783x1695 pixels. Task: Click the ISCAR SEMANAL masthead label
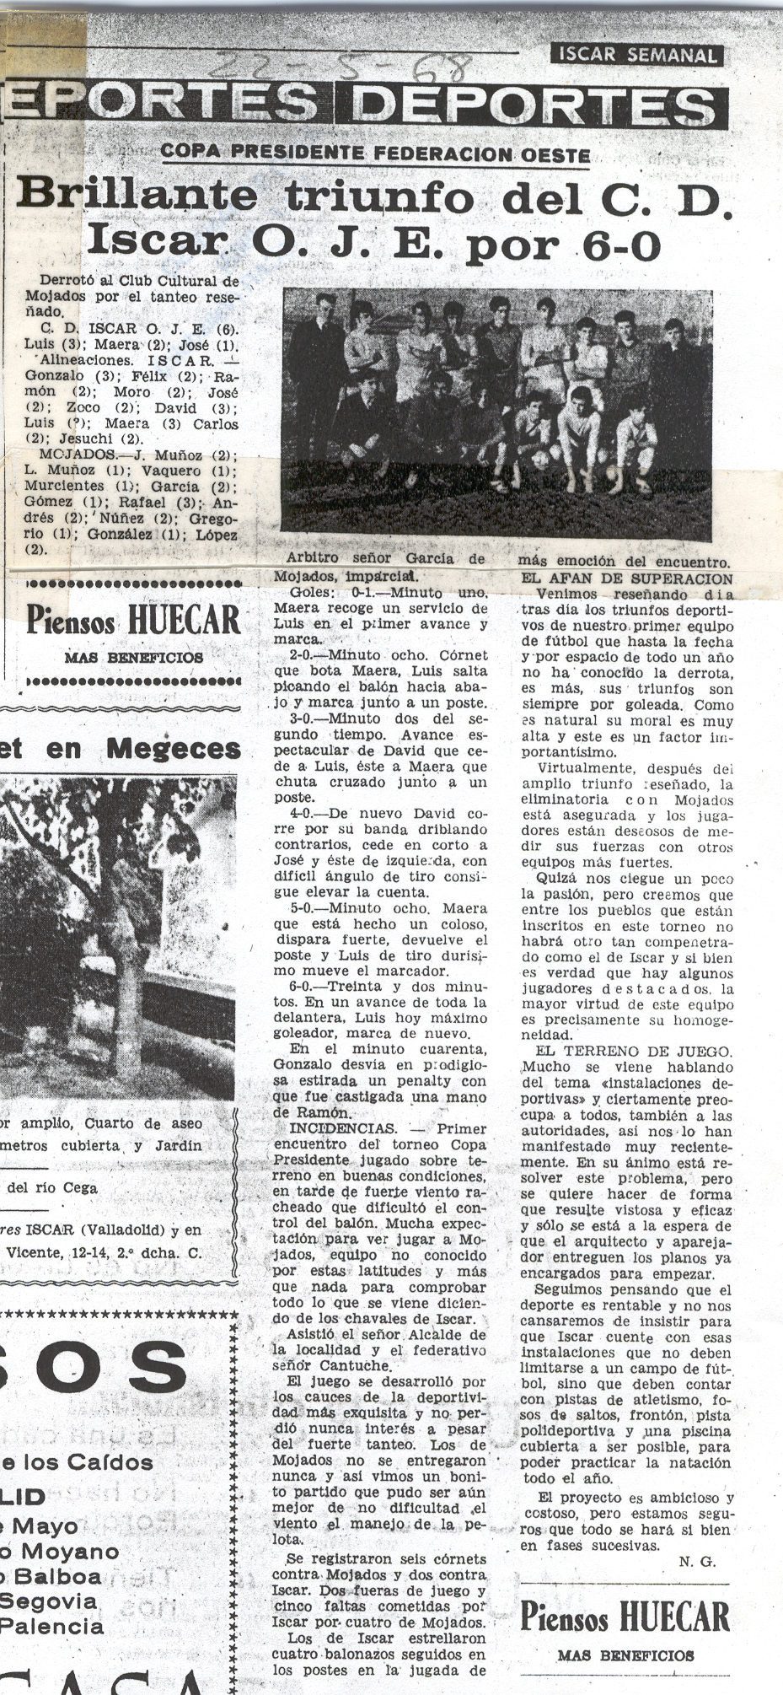coord(636,56)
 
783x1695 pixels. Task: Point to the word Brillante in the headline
coord(137,196)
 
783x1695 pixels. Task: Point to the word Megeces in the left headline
coord(174,749)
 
